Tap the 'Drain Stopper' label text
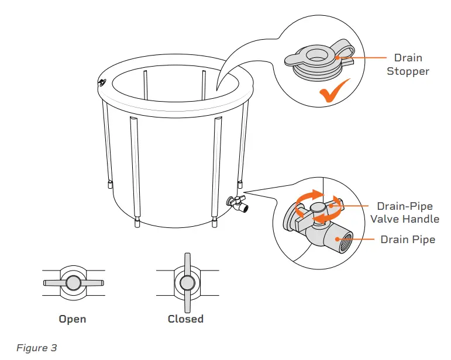pyautogui.click(x=411, y=64)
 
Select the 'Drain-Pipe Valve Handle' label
pyautogui.click(x=404, y=213)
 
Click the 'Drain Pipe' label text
pyautogui.click(x=408, y=240)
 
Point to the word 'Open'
pyautogui.click(x=73, y=319)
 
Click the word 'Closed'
pyautogui.click(x=185, y=319)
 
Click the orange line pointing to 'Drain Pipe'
pyautogui.click(x=365, y=240)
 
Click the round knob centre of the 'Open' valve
pyautogui.click(x=73, y=283)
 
